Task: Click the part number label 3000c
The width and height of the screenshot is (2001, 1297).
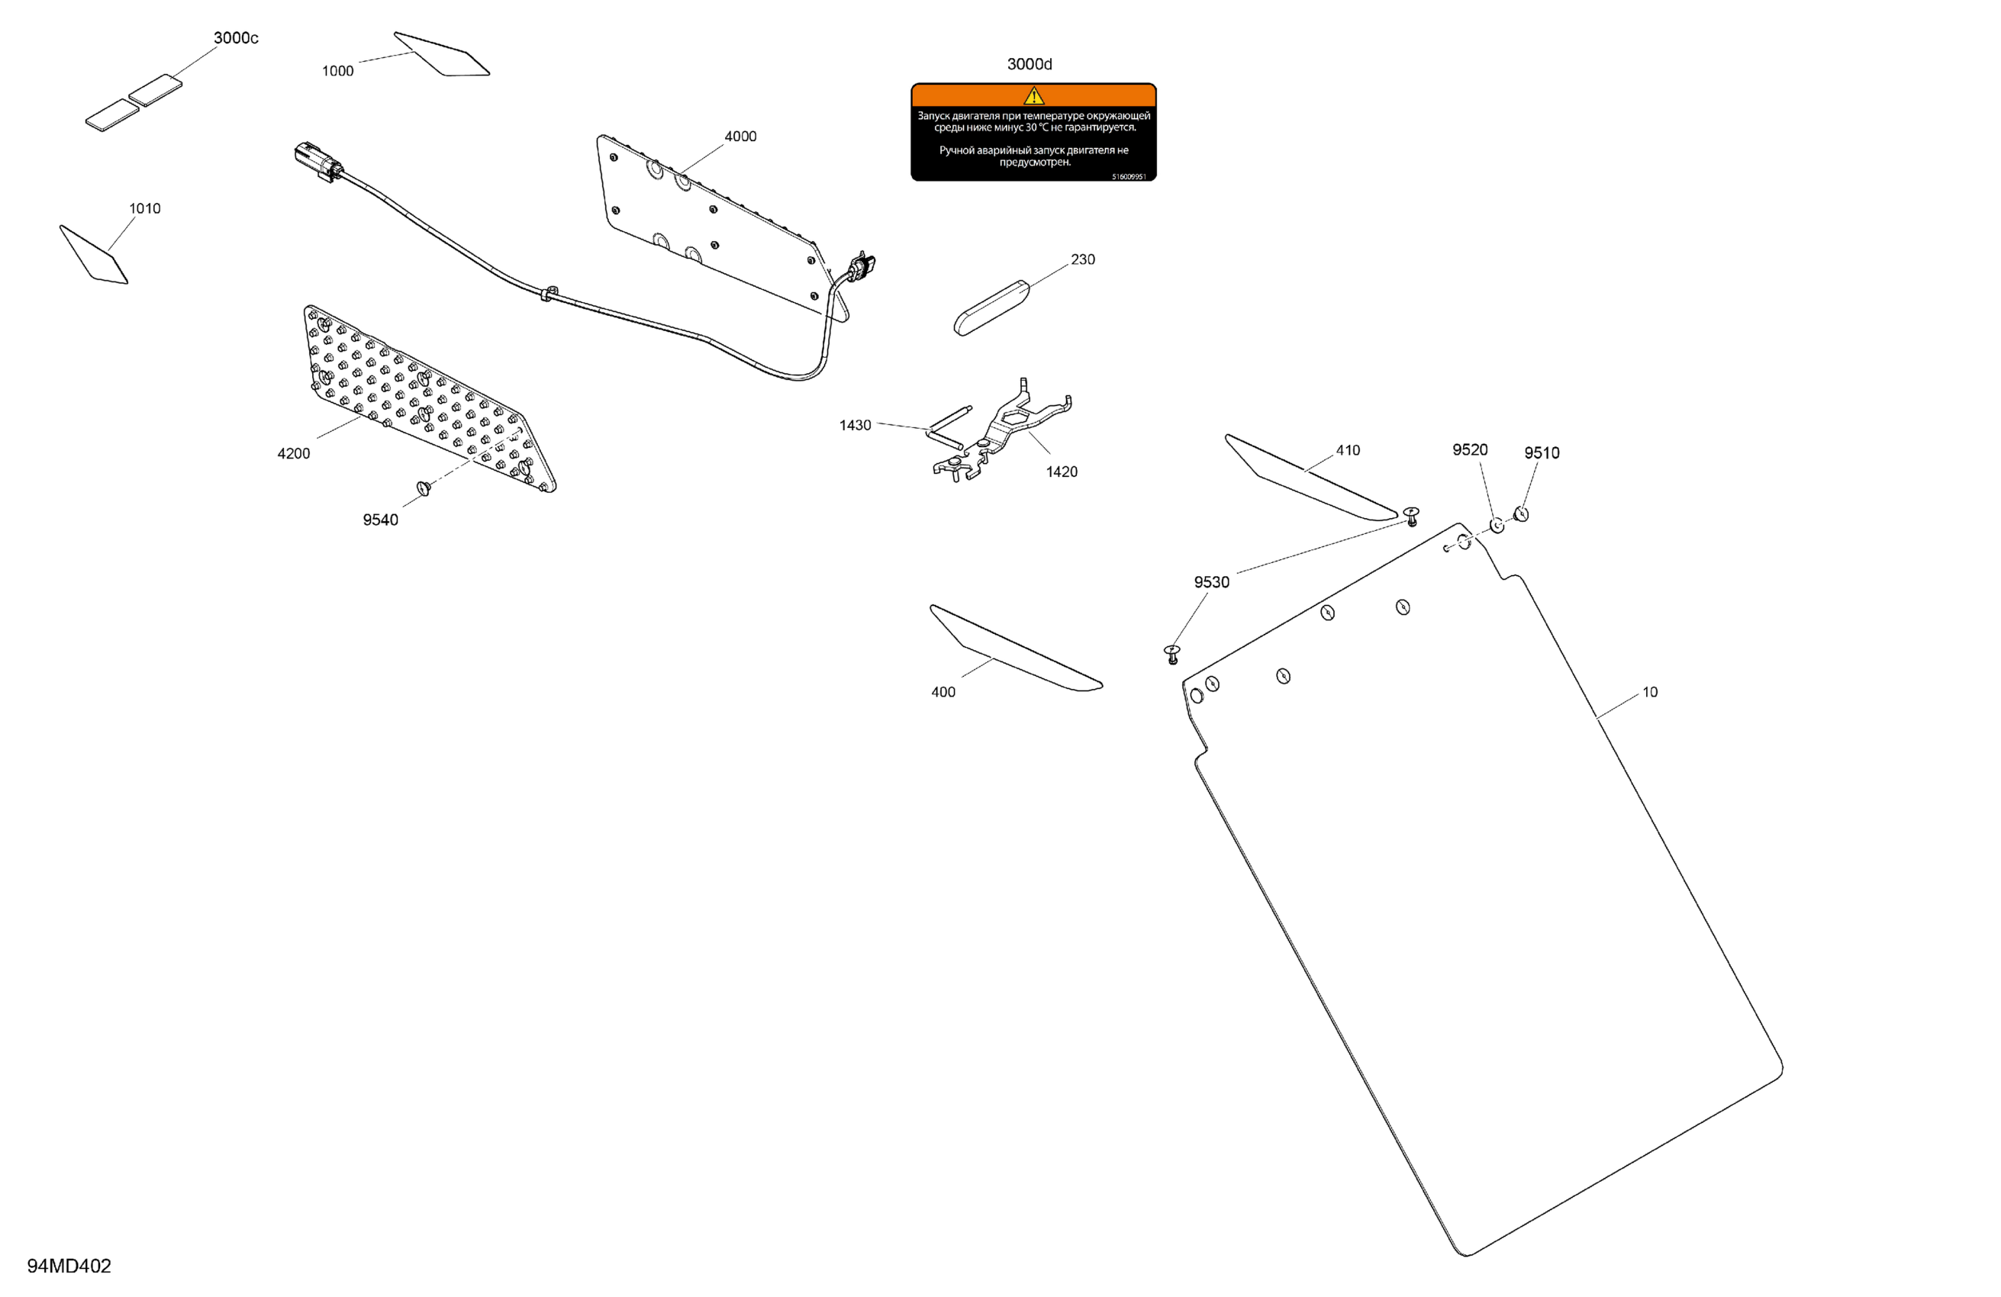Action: click(x=235, y=38)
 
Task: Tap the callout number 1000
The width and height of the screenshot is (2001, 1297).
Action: click(x=337, y=72)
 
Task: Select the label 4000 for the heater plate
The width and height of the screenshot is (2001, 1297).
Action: click(x=739, y=136)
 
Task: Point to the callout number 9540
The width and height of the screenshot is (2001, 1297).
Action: click(x=380, y=520)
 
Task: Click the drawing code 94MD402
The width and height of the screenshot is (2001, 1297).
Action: click(x=69, y=1266)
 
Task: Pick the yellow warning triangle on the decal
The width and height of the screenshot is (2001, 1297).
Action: click(x=1033, y=96)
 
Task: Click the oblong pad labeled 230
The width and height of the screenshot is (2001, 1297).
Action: click(x=991, y=307)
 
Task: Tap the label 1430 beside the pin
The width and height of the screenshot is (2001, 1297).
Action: click(x=854, y=425)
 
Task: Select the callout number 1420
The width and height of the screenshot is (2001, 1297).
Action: click(x=1061, y=471)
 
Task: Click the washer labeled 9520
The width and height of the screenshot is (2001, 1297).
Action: click(x=1497, y=526)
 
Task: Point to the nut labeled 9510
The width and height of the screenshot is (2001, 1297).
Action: click(x=1521, y=513)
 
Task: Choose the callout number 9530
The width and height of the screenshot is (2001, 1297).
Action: click(x=1210, y=583)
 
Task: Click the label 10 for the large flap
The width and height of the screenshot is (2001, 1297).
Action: click(x=1649, y=693)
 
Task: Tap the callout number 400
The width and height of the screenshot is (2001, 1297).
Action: click(x=942, y=693)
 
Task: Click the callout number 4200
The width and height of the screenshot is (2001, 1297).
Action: click(x=293, y=454)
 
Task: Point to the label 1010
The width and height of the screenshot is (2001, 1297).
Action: click(x=144, y=208)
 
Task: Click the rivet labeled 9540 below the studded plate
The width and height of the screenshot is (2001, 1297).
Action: click(x=424, y=488)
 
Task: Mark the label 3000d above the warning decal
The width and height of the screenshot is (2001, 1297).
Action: click(x=1029, y=65)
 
